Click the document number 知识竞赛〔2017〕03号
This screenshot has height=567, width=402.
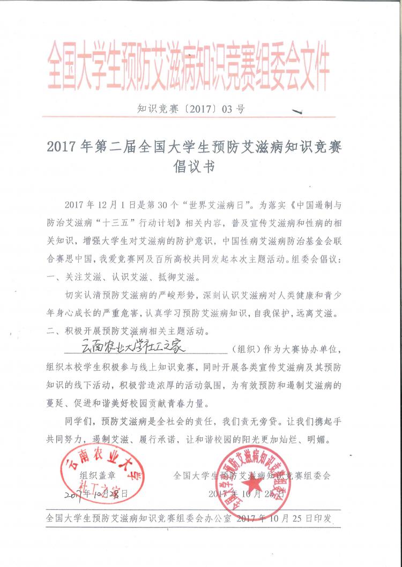point(191,109)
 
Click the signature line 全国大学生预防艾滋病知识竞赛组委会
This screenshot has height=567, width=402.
point(252,475)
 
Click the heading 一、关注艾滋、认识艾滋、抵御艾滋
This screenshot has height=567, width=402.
point(124,278)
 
